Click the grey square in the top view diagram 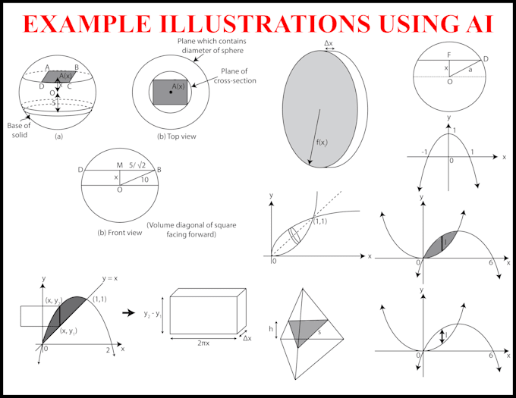coord(170,92)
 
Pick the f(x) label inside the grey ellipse coord(322,142)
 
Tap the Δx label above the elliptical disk coord(329,44)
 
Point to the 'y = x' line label coord(112,277)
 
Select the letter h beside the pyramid coord(272,329)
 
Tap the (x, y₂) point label coord(53,299)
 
